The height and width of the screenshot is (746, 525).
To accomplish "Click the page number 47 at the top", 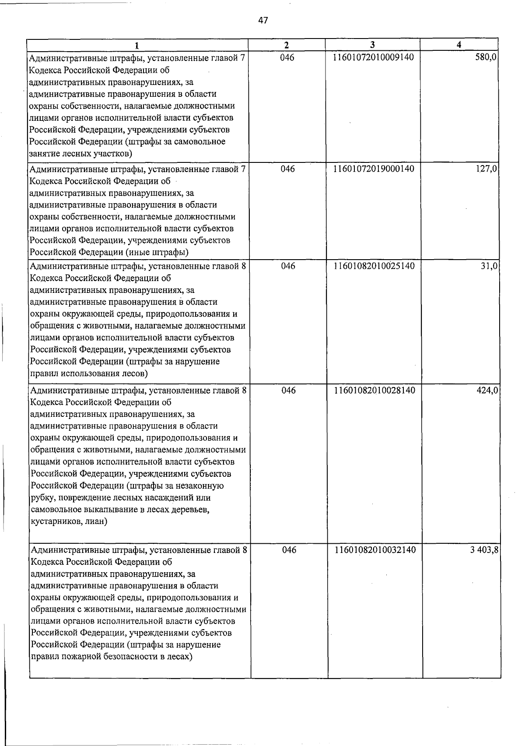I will coord(263,21).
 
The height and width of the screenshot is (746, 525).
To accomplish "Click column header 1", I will coord(137,45).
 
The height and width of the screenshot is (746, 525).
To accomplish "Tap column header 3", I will coord(372,45).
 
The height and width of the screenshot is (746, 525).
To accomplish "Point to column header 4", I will coord(458,45).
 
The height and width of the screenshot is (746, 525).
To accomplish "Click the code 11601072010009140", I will coord(373,57).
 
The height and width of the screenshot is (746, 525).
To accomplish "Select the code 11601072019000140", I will coord(374,169).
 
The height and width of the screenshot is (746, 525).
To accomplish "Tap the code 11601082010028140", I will coord(374,390).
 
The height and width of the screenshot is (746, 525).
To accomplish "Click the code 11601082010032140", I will coord(375,550).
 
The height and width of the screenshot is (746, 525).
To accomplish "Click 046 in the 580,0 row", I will coord(287,57).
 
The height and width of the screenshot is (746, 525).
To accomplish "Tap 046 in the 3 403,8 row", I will coord(289,550).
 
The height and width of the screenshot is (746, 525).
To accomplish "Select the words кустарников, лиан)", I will coord(69,522).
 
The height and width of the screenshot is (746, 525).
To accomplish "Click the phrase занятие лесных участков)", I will coord(80,154).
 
